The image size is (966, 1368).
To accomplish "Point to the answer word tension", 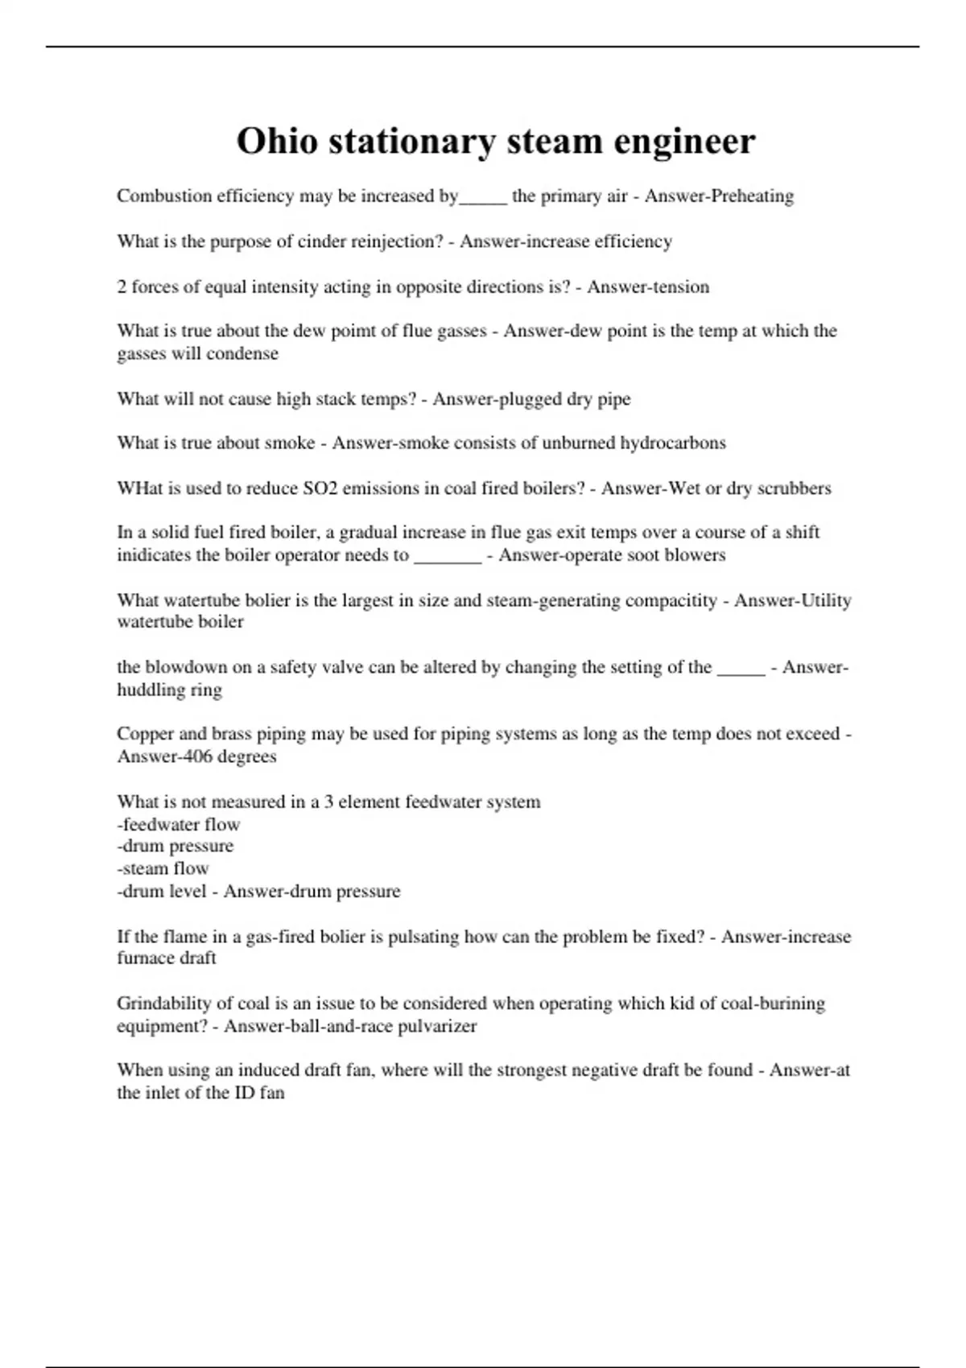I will click(x=680, y=287).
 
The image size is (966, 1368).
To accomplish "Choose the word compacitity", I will click(x=671, y=600).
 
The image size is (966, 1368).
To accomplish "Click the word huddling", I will click(x=151, y=690).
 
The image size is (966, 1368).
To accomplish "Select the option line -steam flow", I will click(x=163, y=868).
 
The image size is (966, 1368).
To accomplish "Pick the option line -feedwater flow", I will click(x=179, y=824).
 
